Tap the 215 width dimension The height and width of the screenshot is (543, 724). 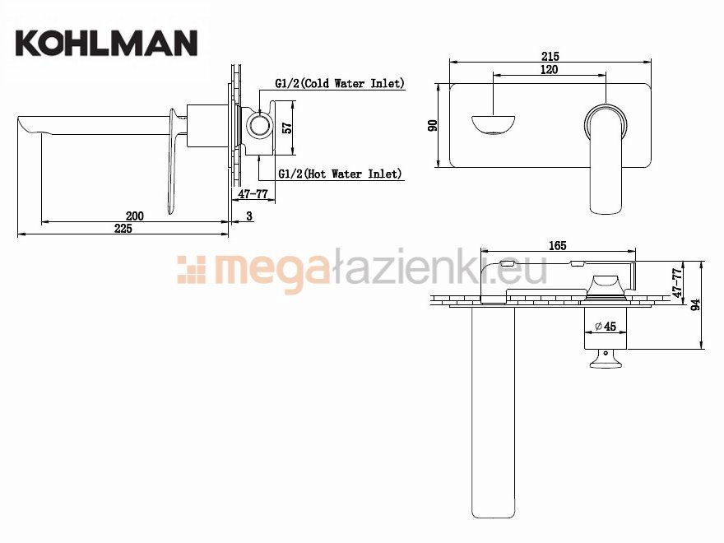tap(550, 56)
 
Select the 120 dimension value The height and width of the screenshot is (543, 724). tap(549, 70)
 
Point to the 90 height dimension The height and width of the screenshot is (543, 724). tap(434, 125)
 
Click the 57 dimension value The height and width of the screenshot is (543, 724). tap(287, 128)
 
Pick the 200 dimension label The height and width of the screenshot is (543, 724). tap(135, 216)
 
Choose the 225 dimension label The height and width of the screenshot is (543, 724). tap(123, 229)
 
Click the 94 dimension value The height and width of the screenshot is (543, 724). tap(696, 305)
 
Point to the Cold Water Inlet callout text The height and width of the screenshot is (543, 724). tap(340, 83)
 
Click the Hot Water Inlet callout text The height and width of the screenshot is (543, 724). tap(340, 174)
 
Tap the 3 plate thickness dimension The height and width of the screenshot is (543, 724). tap(248, 216)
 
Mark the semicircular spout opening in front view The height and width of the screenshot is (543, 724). tap(494, 126)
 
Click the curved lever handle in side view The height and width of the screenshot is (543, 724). tap(174, 165)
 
